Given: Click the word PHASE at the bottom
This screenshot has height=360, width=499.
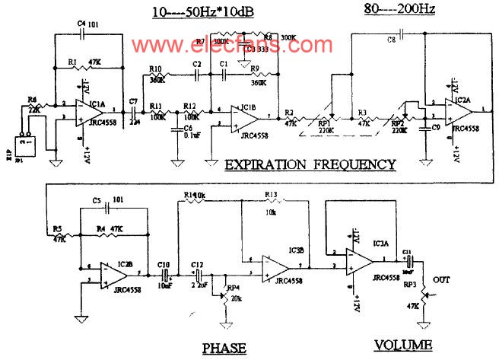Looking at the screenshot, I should [x=224, y=347].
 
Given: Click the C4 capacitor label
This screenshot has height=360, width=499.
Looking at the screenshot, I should [x=83, y=25].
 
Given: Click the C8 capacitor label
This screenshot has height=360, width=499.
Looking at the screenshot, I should [x=391, y=38].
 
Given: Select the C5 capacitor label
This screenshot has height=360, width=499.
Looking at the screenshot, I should [x=97, y=201].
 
